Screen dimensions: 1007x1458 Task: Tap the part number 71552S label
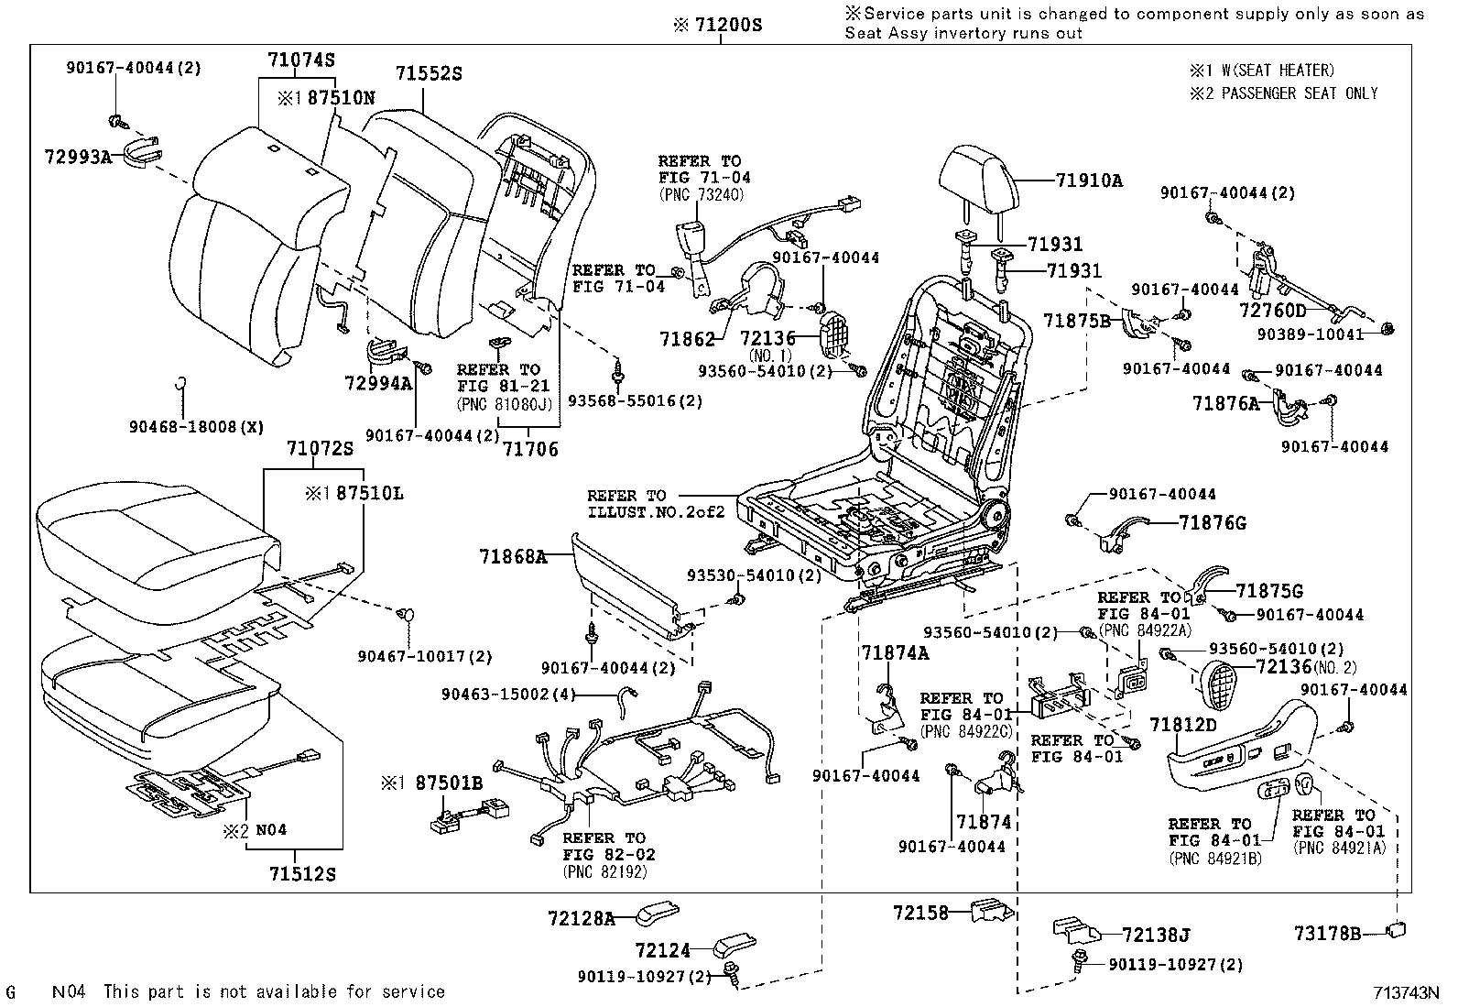click(x=428, y=73)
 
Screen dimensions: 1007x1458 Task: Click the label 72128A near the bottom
click(x=582, y=917)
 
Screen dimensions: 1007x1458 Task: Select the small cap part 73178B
click(x=1398, y=931)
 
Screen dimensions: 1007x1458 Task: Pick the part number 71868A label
click(x=513, y=555)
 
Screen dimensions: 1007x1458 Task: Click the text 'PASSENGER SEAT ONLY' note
click(x=1299, y=93)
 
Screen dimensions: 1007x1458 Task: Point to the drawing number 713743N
click(x=1406, y=991)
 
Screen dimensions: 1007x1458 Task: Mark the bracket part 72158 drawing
click(x=991, y=910)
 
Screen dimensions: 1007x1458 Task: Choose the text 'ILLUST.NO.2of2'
click(x=656, y=511)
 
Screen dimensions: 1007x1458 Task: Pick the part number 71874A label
click(x=895, y=652)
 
